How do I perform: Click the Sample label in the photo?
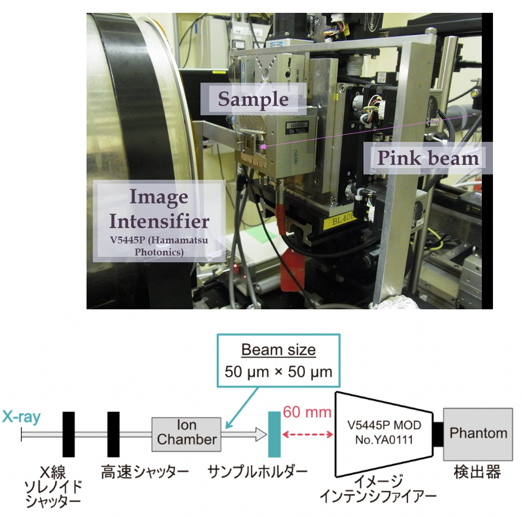(253, 99)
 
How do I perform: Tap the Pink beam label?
(428, 158)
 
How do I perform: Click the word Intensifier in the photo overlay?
(159, 221)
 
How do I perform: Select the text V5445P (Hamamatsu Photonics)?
(159, 246)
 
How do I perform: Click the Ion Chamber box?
(186, 434)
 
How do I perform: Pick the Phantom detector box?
(478, 434)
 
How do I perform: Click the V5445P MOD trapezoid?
(385, 434)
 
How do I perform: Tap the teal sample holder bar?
(274, 434)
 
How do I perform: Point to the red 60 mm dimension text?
(307, 412)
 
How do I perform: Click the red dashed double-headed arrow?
(307, 434)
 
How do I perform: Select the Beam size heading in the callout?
(279, 350)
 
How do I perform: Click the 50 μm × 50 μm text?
(279, 372)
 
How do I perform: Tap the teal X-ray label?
(21, 417)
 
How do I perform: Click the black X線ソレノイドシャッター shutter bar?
(69, 434)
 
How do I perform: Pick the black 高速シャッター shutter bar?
(113, 434)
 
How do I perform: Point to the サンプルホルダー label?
(257, 472)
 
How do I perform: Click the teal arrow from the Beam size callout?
(242, 408)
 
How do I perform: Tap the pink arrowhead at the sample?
(263, 146)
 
